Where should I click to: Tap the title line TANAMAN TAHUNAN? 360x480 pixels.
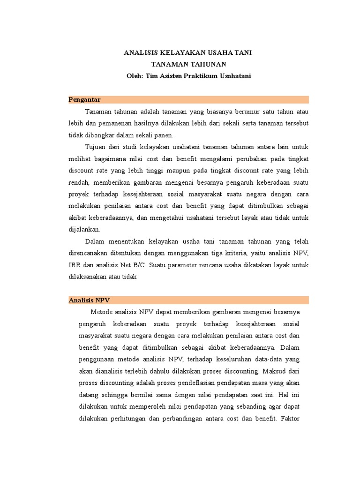point(187,64)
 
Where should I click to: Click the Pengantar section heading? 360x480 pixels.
point(85,99)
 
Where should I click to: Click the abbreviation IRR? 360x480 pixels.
point(75,265)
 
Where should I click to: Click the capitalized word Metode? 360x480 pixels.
point(102,312)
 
